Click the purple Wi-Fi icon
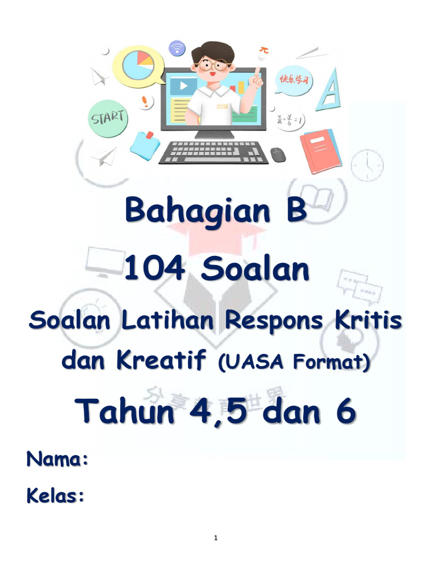(x=177, y=48)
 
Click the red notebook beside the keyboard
(x=321, y=148)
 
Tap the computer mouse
(x=278, y=154)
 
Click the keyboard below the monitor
(x=213, y=152)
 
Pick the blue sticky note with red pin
(x=145, y=144)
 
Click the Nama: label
(x=56, y=458)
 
